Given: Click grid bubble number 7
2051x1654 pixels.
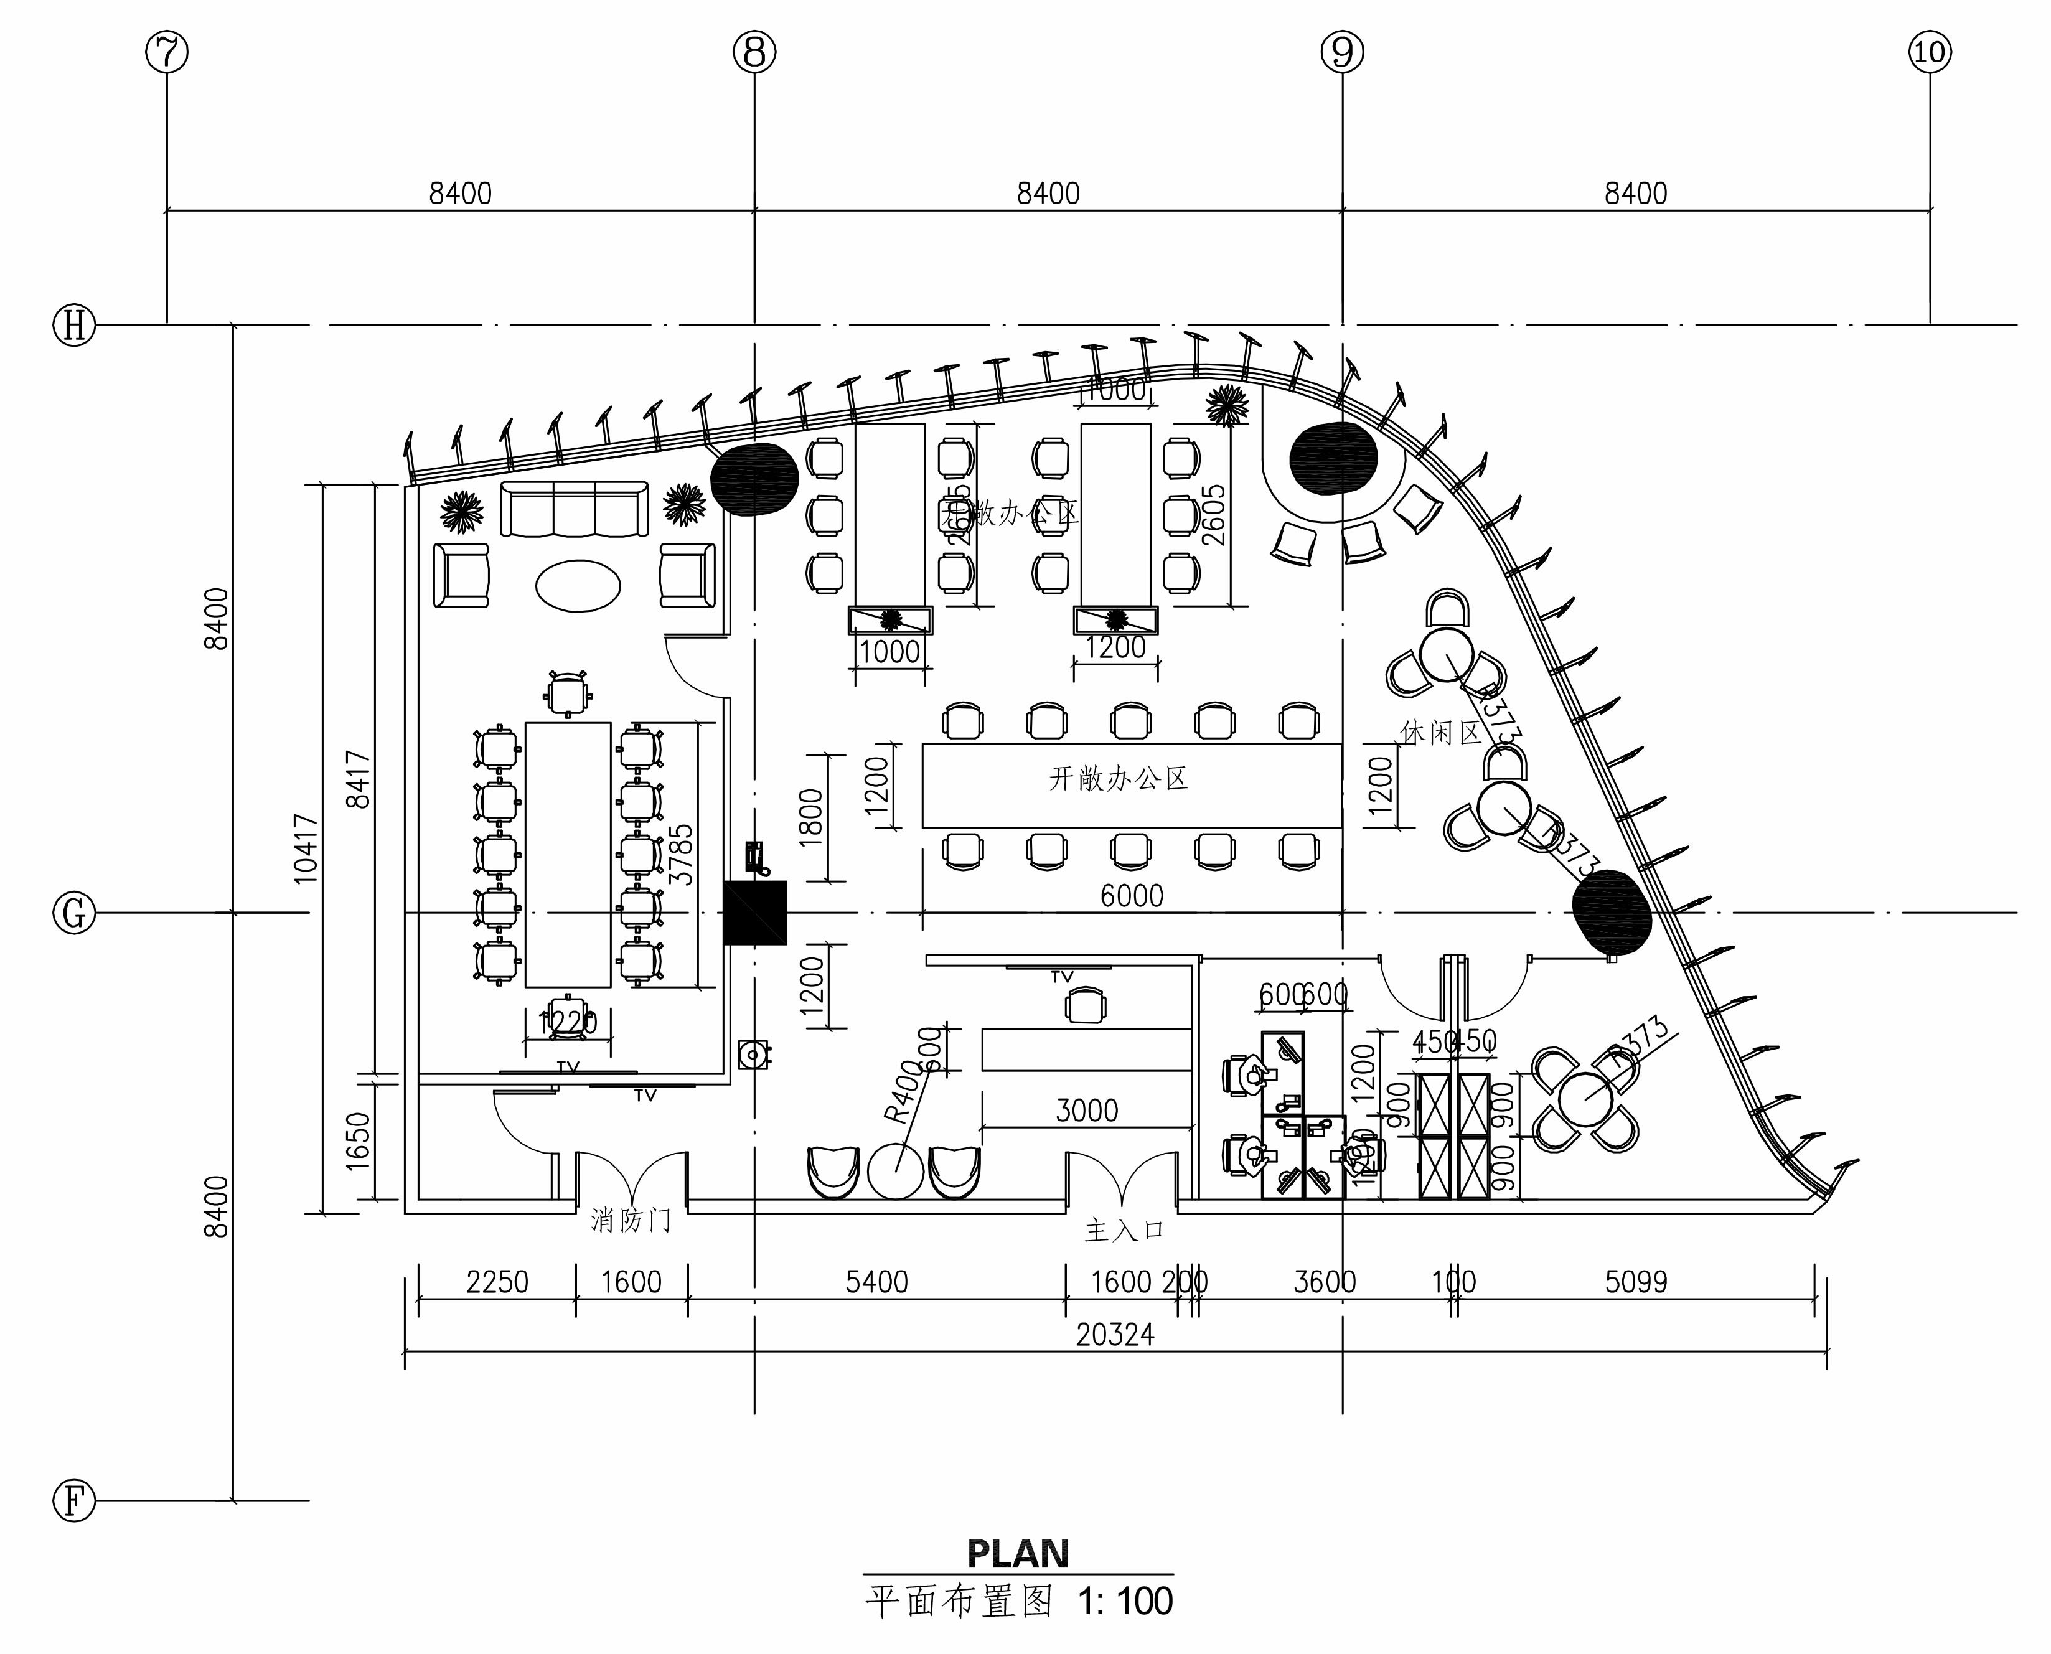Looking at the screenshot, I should tap(167, 52).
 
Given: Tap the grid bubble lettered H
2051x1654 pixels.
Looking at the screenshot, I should tap(73, 326).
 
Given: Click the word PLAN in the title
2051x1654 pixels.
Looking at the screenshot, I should tap(1017, 1554).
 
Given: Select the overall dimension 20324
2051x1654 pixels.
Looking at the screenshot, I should tap(1115, 1335).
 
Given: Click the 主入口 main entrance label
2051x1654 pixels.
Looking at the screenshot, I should tap(1124, 1231).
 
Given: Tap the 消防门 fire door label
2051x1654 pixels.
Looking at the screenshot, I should tap(631, 1221).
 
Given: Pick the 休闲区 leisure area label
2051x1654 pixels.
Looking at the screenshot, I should tap(1440, 733).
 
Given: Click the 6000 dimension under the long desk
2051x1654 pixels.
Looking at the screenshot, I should tap(1132, 896).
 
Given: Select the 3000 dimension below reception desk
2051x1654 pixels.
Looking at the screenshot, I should tap(1087, 1110).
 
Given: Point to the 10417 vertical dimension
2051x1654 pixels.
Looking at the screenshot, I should tap(306, 848).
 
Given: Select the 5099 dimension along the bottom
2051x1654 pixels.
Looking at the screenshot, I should tap(1636, 1282).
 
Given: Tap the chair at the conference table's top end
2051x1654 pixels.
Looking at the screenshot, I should tap(568, 693).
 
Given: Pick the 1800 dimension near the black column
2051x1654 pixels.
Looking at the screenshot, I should tap(810, 817).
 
